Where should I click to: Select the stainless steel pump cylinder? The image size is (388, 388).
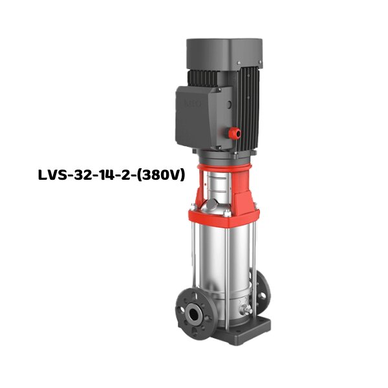pos(226,265)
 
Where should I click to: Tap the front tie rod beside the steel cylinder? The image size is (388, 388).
pos(194,259)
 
